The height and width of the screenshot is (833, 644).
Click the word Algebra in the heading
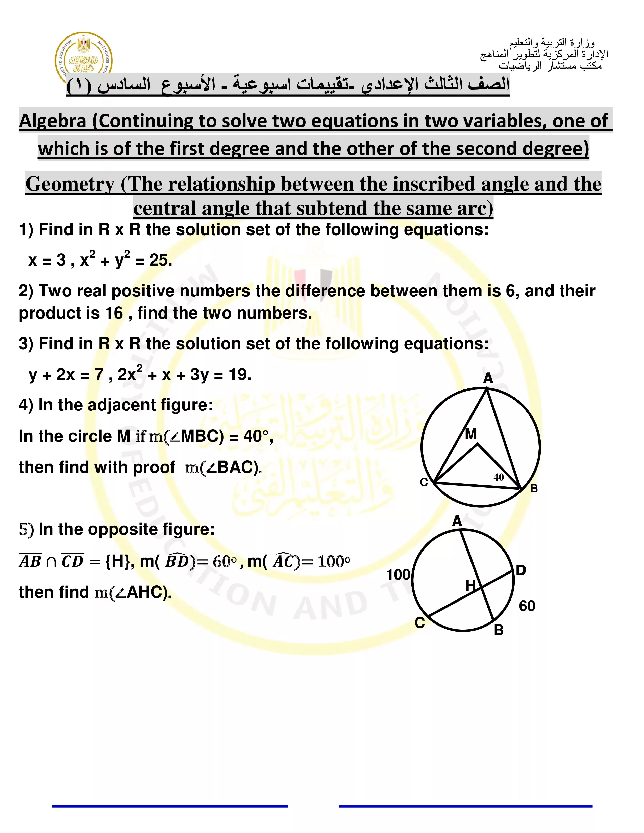tap(52, 121)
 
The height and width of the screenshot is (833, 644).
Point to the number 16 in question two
tap(114, 313)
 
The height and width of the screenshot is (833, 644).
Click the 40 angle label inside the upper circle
tap(498, 477)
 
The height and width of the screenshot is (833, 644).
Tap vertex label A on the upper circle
tap(488, 378)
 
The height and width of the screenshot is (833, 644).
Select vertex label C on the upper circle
tap(424, 482)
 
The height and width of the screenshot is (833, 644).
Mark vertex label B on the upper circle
tap(534, 489)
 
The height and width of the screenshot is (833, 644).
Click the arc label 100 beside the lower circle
tap(398, 575)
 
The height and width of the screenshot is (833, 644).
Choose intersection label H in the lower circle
tap(470, 585)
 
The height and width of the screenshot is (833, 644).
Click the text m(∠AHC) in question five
tap(132, 592)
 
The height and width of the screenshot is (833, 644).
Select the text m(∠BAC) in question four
tap(223, 467)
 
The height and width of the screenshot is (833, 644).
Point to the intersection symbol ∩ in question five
tap(51, 562)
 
